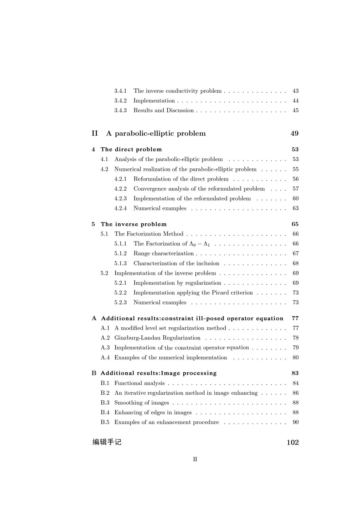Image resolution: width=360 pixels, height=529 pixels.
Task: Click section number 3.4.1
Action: pyautogui.click(x=120, y=91)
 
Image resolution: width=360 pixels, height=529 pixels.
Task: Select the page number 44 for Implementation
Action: pyautogui.click(x=295, y=101)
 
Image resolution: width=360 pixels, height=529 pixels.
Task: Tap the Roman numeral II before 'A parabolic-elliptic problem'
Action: pyautogui.click(x=94, y=133)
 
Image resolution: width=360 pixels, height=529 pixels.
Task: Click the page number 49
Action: pyautogui.click(x=294, y=133)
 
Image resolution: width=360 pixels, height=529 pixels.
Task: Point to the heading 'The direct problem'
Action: pyautogui.click(x=131, y=149)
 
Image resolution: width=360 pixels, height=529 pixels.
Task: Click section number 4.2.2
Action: pyautogui.click(x=120, y=189)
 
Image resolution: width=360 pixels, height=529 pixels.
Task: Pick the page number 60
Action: pyautogui.click(x=295, y=199)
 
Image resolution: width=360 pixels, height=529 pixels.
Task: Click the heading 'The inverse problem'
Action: pyautogui.click(x=134, y=224)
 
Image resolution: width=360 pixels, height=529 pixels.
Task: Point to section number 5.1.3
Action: pyautogui.click(x=120, y=263)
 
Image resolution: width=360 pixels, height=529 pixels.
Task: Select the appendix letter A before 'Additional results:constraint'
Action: pyautogui.click(x=94, y=318)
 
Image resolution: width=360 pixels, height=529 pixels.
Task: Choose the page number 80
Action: pyautogui.click(x=295, y=358)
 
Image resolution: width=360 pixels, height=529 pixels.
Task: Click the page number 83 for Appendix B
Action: pyautogui.click(x=295, y=373)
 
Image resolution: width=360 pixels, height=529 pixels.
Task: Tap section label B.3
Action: pyautogui.click(x=105, y=403)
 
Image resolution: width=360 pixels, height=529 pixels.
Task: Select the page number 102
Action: pyautogui.click(x=293, y=442)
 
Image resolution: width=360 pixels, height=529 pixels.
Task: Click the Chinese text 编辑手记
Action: pyautogui.click(x=107, y=442)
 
